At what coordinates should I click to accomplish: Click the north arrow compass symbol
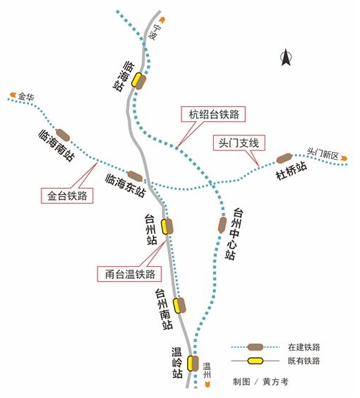(x=286, y=57)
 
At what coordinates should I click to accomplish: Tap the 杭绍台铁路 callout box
(x=213, y=114)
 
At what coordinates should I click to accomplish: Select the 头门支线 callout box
(x=239, y=143)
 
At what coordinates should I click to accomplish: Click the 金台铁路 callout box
(x=67, y=196)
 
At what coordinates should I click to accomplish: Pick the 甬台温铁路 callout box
(x=130, y=274)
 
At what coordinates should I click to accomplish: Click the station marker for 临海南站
(x=63, y=135)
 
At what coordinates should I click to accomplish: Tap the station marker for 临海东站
(x=135, y=176)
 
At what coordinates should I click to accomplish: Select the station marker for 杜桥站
(x=284, y=158)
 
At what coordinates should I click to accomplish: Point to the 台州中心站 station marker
(x=222, y=225)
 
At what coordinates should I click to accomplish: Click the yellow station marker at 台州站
(x=164, y=227)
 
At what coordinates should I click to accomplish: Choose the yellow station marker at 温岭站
(x=191, y=364)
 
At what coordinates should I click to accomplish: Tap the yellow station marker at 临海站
(x=136, y=80)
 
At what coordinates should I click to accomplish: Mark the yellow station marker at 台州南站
(x=177, y=305)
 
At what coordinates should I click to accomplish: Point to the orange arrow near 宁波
(x=162, y=19)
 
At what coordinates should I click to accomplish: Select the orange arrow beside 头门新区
(x=344, y=158)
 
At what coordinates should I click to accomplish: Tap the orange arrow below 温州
(x=207, y=384)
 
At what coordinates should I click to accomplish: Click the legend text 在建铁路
(x=304, y=347)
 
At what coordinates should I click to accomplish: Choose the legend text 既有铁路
(x=304, y=361)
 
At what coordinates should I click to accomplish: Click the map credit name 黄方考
(x=275, y=382)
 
